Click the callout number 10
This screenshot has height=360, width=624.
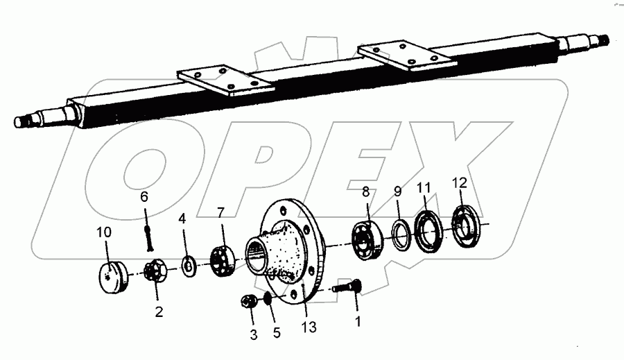coord(104,233)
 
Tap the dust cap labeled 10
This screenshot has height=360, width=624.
coord(112,277)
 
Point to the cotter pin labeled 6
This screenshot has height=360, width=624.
coord(148,238)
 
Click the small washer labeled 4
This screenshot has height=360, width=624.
coord(188,266)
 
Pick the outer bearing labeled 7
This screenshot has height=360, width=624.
coord(222,262)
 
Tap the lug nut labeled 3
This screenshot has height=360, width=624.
coord(248,302)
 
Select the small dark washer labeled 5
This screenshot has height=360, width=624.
coord(268,298)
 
